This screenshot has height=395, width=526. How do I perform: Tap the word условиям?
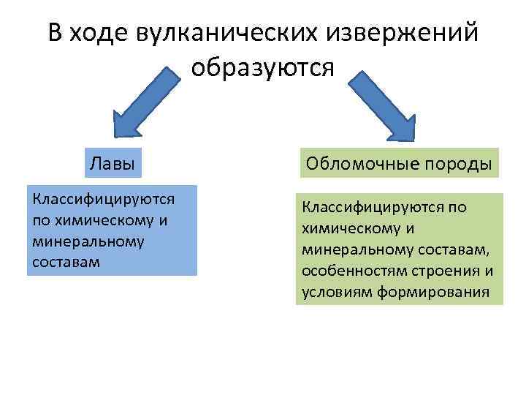pos(337,293)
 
